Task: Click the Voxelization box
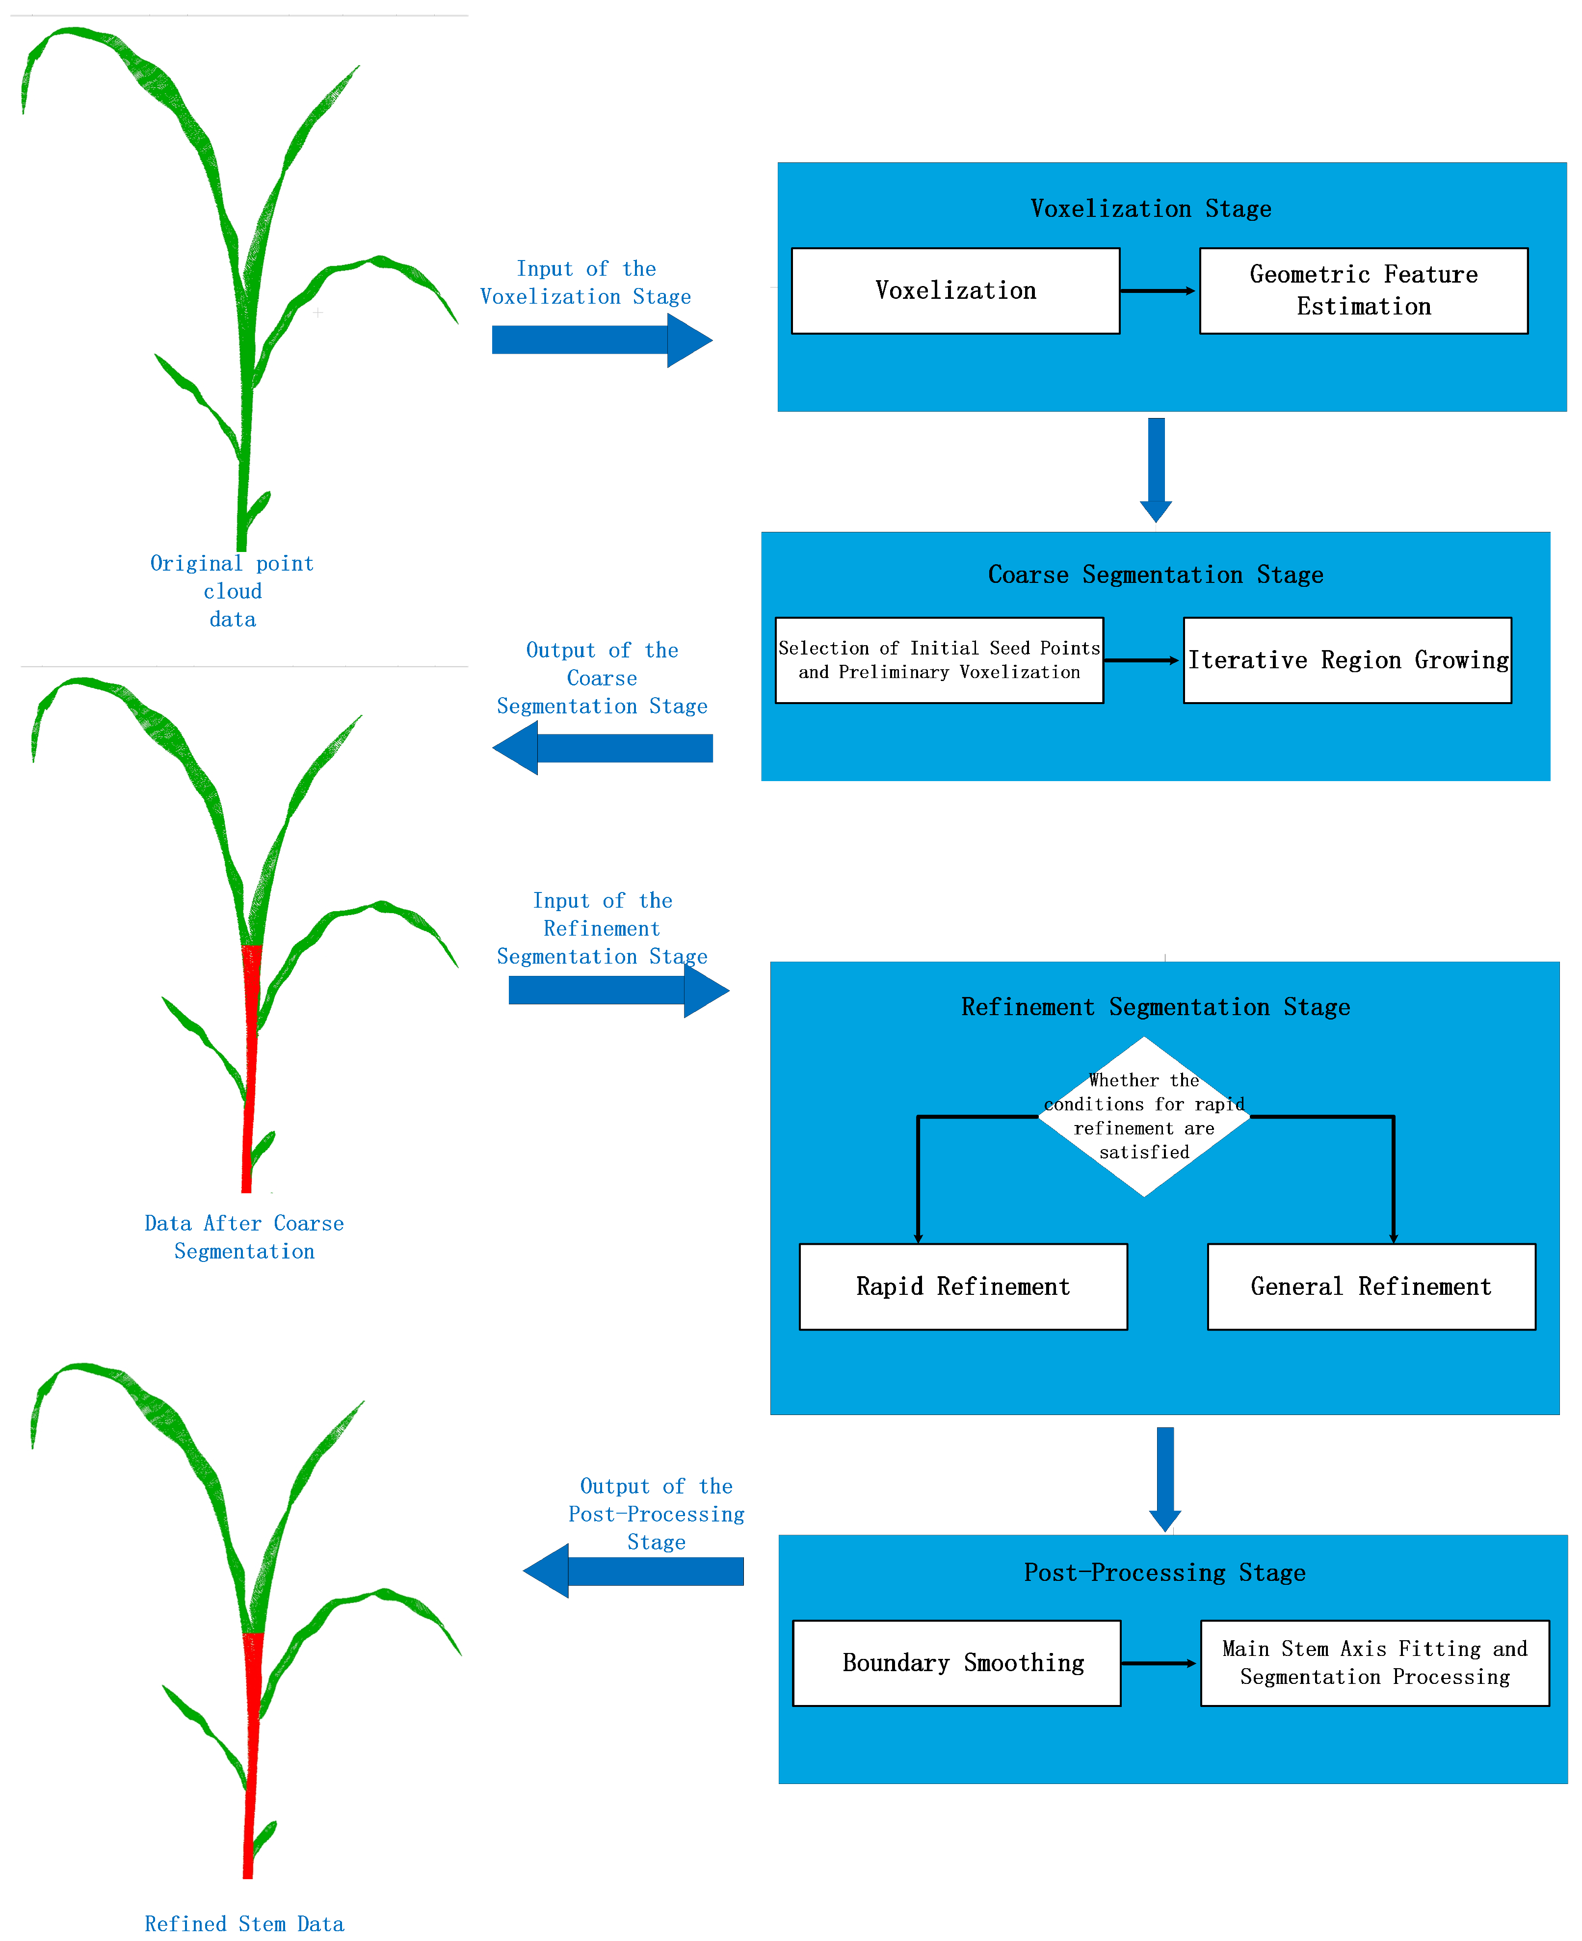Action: click(x=955, y=290)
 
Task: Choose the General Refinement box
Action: click(x=1371, y=1286)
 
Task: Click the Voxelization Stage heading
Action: click(x=1150, y=209)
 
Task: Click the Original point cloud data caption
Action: click(x=233, y=591)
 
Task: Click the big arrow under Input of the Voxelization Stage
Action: click(x=602, y=340)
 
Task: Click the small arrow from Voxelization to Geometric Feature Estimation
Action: click(x=1158, y=290)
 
